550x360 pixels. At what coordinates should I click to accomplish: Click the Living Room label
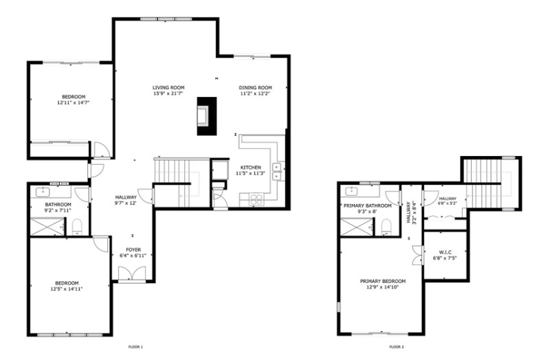(x=168, y=87)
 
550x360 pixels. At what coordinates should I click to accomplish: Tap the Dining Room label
(x=256, y=87)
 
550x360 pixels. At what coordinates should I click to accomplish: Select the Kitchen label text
(x=250, y=168)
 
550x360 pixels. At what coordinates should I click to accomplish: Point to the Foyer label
(x=133, y=249)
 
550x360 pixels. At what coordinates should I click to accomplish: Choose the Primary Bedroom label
(x=383, y=281)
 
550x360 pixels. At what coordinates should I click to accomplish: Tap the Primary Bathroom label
(x=368, y=205)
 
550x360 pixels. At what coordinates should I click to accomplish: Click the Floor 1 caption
(x=135, y=347)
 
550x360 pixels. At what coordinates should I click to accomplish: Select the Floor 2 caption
(x=397, y=347)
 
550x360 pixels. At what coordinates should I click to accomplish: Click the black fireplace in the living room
(x=206, y=115)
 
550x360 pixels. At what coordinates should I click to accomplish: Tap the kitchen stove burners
(x=254, y=200)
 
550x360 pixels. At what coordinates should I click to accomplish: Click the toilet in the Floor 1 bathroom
(x=77, y=226)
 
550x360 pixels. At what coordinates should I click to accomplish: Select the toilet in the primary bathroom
(x=386, y=226)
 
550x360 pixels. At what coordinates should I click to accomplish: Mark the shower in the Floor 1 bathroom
(x=47, y=227)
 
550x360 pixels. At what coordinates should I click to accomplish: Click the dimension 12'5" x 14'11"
(x=67, y=289)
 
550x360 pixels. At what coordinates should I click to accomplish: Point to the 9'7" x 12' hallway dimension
(x=125, y=203)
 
